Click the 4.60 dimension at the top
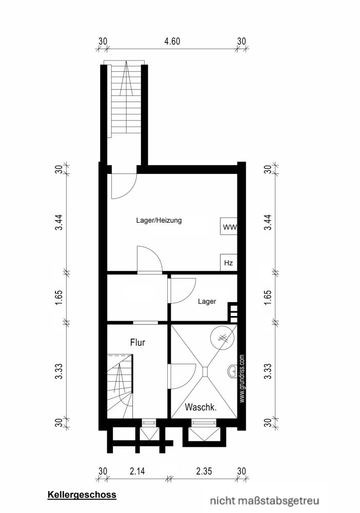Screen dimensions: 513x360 click(172, 42)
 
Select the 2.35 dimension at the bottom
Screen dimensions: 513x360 click(204, 471)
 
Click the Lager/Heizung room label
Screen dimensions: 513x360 click(159, 221)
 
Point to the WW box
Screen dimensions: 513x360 click(228, 226)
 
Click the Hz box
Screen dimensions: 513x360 click(228, 263)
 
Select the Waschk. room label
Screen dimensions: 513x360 click(200, 408)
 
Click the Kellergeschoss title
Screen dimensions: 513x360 click(82, 495)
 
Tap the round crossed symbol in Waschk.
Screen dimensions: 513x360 click(223, 338)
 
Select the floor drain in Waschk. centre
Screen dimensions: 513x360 click(204, 370)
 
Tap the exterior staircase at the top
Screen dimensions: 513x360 click(126, 100)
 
